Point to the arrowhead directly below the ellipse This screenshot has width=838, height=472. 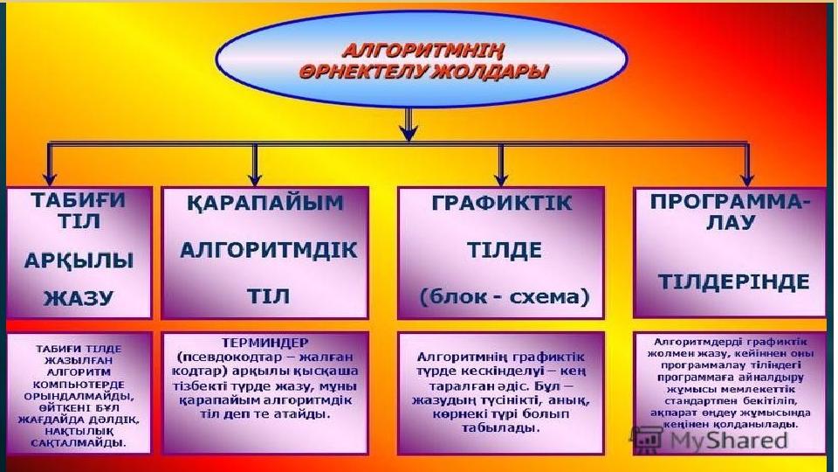pyautogui.click(x=407, y=133)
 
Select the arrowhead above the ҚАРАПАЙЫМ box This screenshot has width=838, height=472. pyautogui.click(x=255, y=177)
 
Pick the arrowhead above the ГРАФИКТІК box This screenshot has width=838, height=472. pyautogui.click(x=501, y=177)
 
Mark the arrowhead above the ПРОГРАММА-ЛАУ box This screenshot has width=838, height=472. pyautogui.click(x=746, y=177)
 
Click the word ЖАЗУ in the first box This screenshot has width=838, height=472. pyautogui.click(x=78, y=297)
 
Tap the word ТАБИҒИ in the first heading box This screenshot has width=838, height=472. pyautogui.click(x=78, y=199)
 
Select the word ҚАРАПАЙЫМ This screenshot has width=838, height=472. pyautogui.click(x=265, y=204)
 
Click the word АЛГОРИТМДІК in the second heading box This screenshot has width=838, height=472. pyautogui.click(x=268, y=250)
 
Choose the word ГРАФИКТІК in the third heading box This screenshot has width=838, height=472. pyautogui.click(x=502, y=204)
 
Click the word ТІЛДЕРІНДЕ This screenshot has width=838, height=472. pyautogui.click(x=733, y=281)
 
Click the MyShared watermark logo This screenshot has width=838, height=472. pyautogui.click(x=711, y=439)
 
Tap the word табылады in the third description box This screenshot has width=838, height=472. pyautogui.click(x=501, y=430)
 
